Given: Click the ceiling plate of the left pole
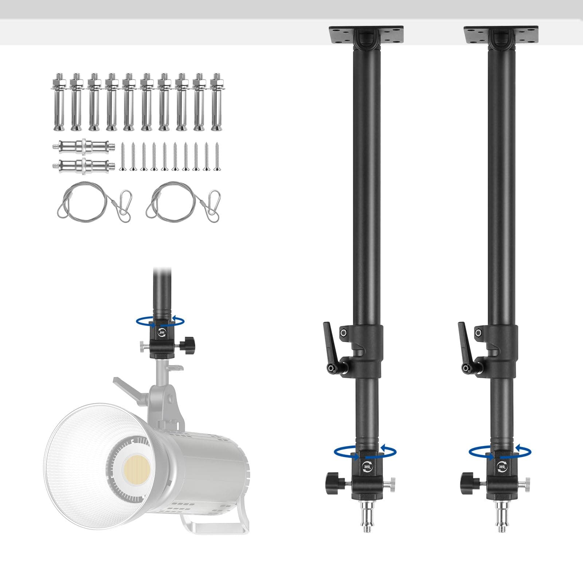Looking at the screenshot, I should [366, 35].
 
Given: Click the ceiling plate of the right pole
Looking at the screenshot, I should [501, 35].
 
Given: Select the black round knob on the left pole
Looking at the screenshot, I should [333, 482].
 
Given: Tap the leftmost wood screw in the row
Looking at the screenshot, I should [122, 157].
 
